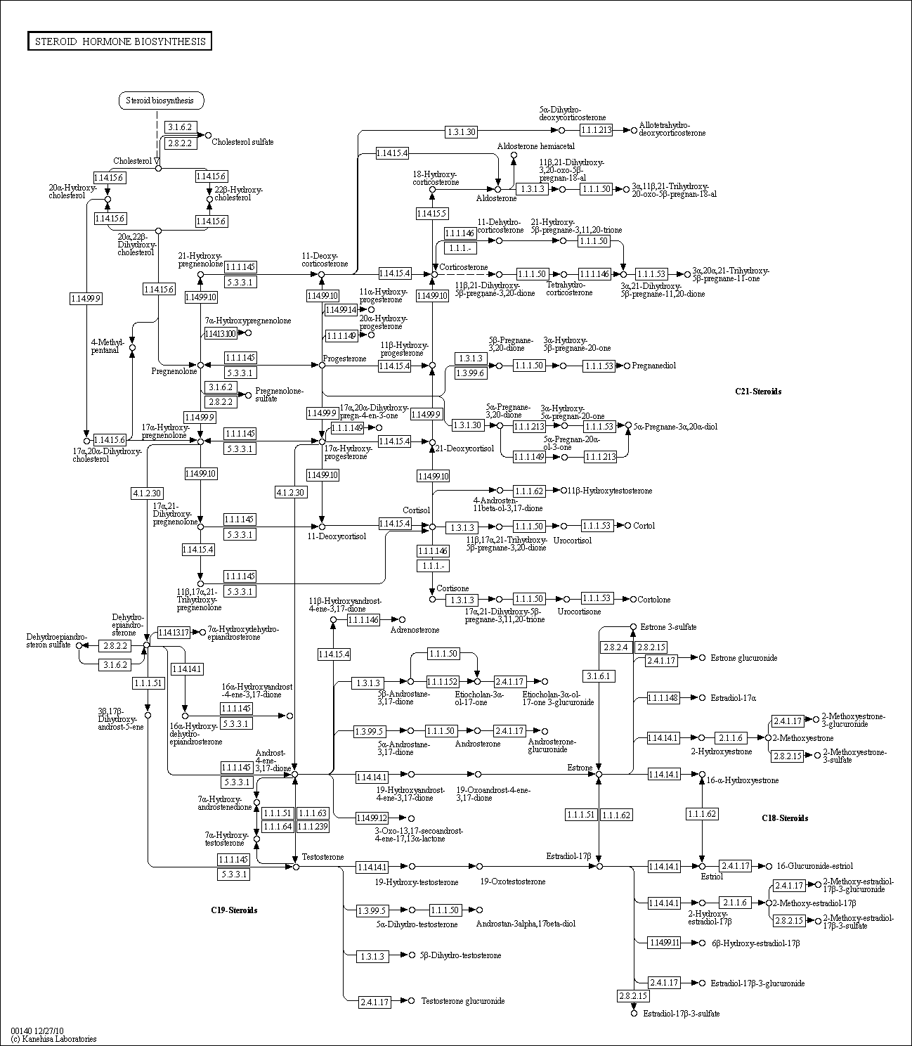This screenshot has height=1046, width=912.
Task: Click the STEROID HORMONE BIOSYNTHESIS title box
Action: pos(119,41)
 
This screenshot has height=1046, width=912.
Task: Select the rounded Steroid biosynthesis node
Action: pos(161,101)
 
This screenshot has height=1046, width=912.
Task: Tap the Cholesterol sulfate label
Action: pos(242,142)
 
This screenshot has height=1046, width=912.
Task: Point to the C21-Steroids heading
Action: pos(758,392)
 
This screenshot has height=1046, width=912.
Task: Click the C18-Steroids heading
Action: pos(785,818)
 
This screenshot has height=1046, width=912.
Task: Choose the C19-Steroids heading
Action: pos(234,910)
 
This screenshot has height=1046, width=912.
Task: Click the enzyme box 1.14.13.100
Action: pos(220,332)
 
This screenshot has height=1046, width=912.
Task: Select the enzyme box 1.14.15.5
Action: pos(431,213)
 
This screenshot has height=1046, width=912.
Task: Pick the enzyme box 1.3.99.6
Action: pos(470,373)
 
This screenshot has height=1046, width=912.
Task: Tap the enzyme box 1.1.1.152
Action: pos(442,681)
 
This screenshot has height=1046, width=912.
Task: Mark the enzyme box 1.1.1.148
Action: pos(663,697)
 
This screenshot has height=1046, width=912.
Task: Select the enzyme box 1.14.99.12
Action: pos(372,818)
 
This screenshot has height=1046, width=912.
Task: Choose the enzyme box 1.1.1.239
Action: pos(313,827)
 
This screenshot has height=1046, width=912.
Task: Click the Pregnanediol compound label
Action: pos(653,366)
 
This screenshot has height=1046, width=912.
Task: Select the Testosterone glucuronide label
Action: pos(462,1001)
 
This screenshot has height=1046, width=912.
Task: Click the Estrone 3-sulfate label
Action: pos(668,626)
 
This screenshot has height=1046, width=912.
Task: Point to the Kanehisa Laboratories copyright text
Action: pos(53,1038)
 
